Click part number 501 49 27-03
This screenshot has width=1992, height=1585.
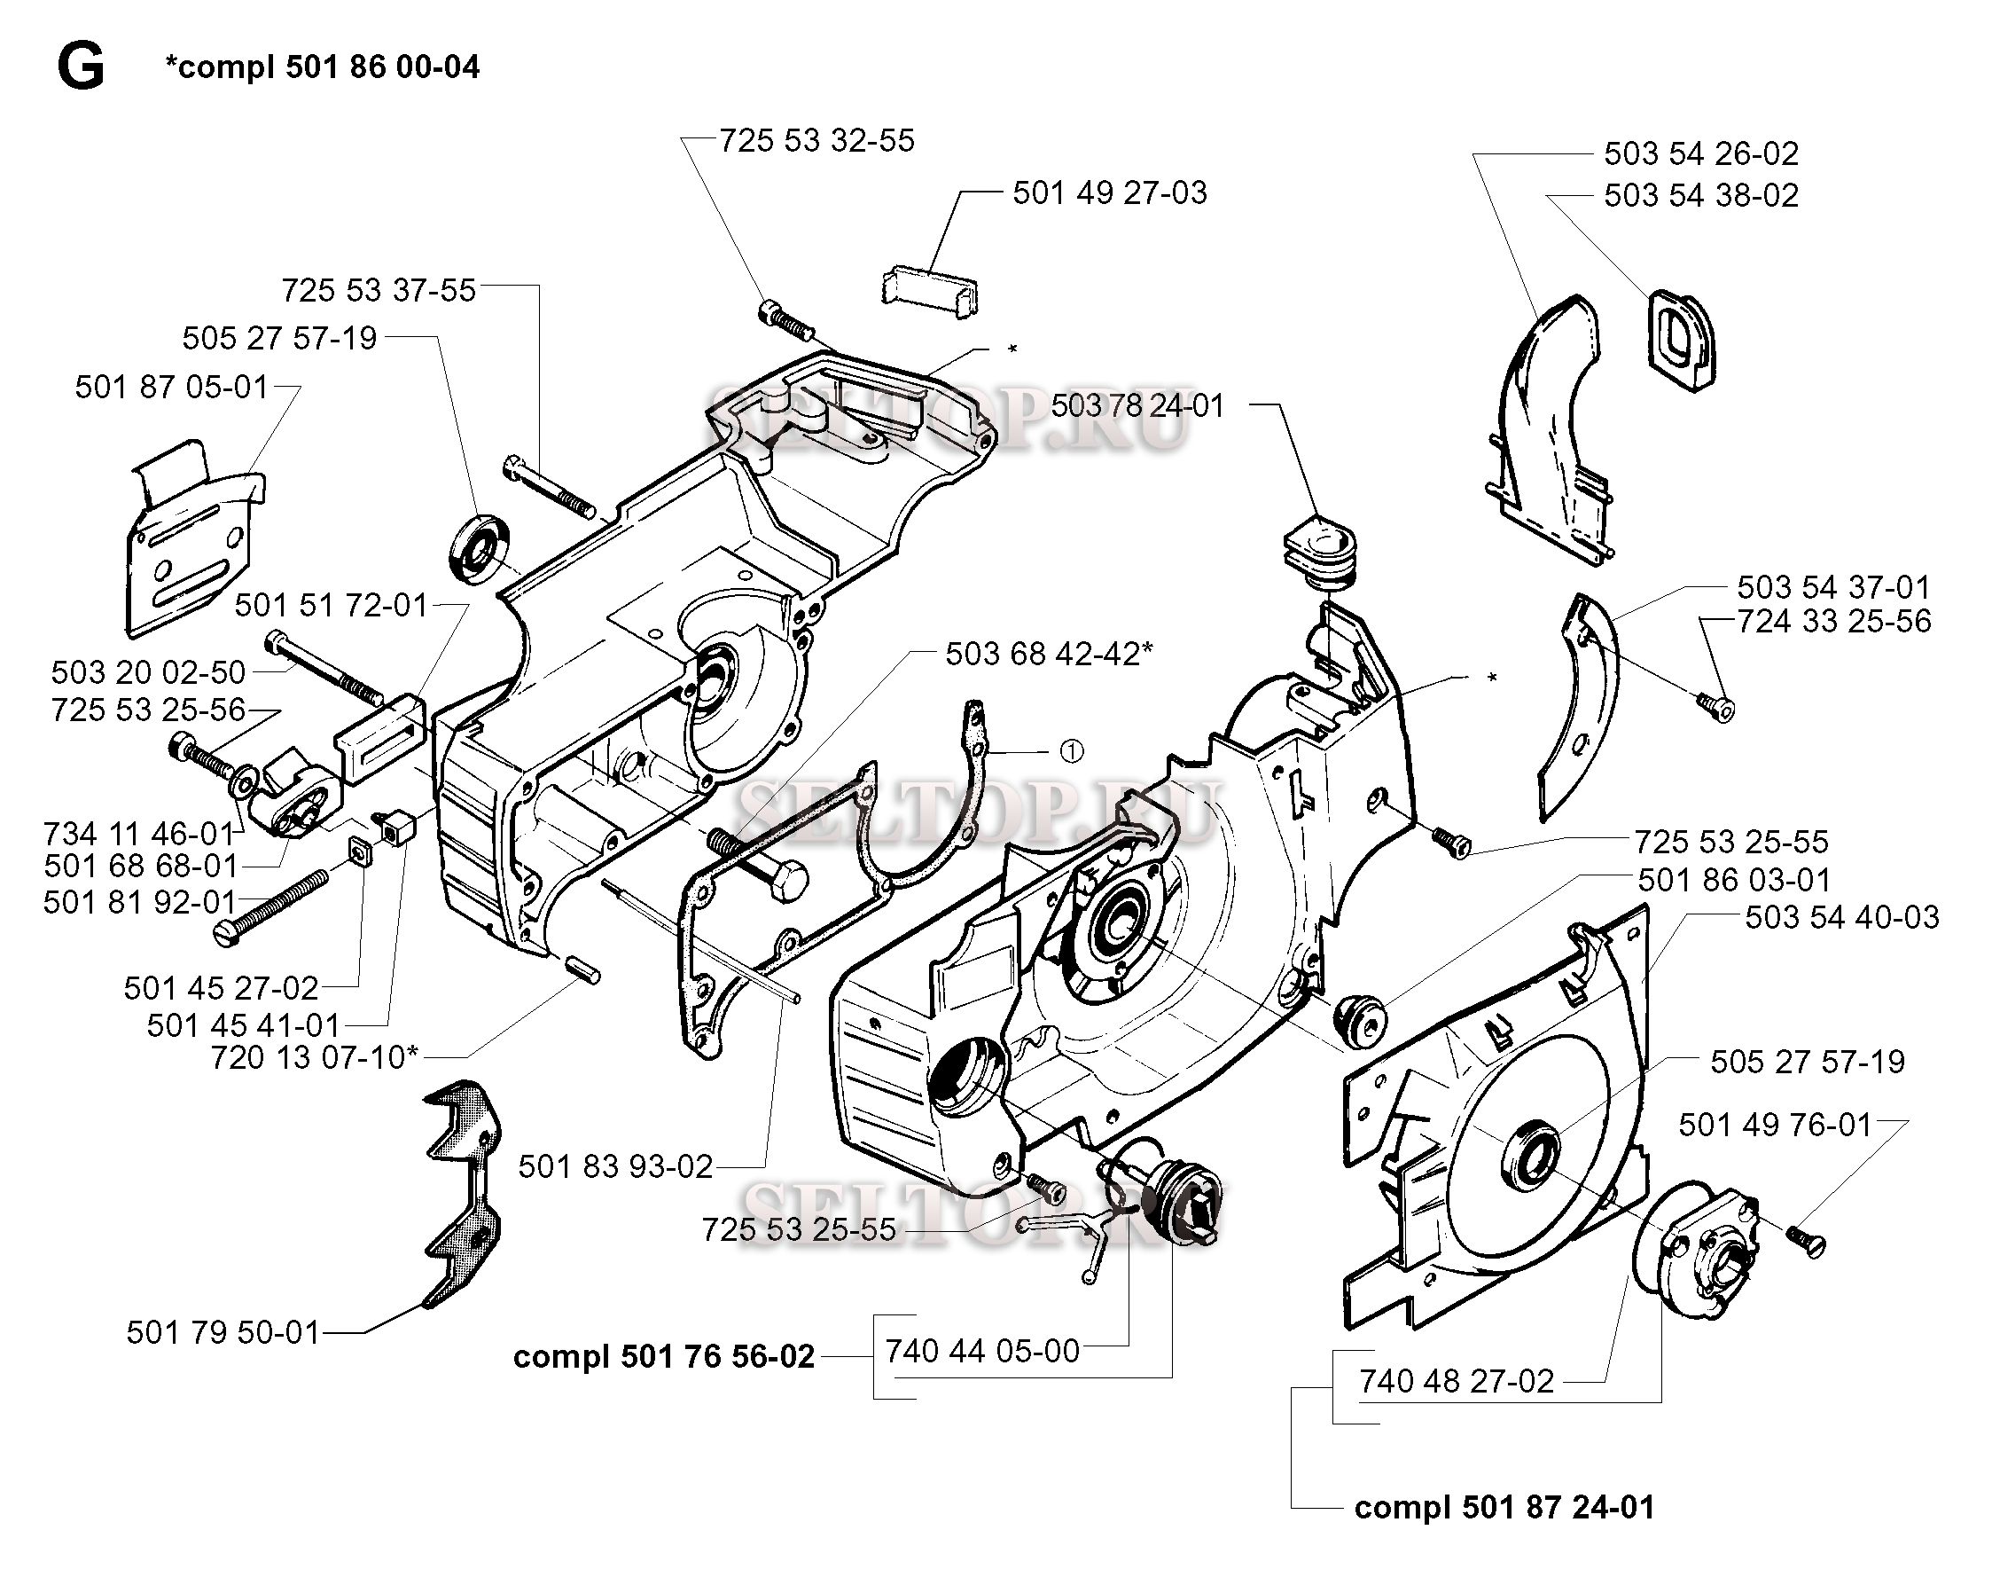click(1109, 193)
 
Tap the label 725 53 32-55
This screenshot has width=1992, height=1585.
click(816, 140)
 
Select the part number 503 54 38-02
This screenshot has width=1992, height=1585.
click(1701, 196)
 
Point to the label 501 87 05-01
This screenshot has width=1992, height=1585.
click(172, 387)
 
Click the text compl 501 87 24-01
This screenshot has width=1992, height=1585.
click(1504, 1507)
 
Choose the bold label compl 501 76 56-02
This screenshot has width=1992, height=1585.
click(663, 1356)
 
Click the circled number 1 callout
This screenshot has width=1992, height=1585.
click(1071, 752)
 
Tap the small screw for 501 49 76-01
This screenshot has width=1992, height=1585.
click(1804, 1240)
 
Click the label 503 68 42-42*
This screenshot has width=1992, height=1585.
click(1049, 655)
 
